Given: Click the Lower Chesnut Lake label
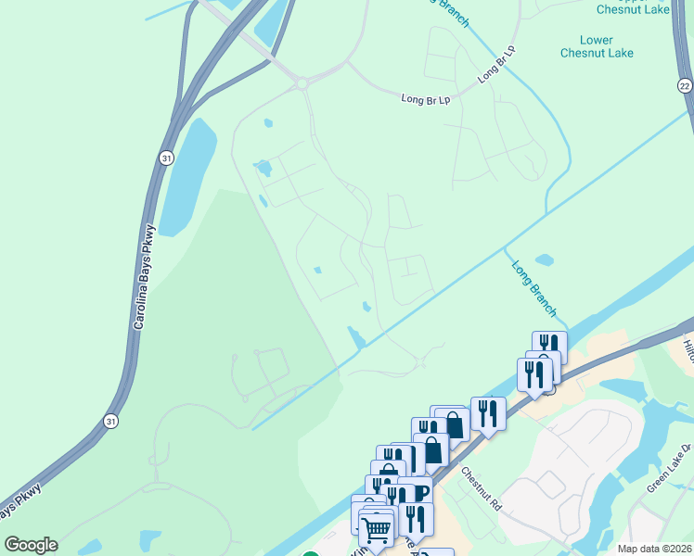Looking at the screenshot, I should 597,46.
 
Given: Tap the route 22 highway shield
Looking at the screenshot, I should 685,85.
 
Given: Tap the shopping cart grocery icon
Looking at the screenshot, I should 375,528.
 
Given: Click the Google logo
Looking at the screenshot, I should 31,545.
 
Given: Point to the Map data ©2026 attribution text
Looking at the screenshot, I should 653,549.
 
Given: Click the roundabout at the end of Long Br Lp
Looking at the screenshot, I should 302,83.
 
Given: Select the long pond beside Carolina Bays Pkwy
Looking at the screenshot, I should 189,176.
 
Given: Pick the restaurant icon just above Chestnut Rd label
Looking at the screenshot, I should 488,412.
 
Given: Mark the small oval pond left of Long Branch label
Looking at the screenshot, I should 545,259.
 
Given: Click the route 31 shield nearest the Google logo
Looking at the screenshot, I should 109,420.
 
